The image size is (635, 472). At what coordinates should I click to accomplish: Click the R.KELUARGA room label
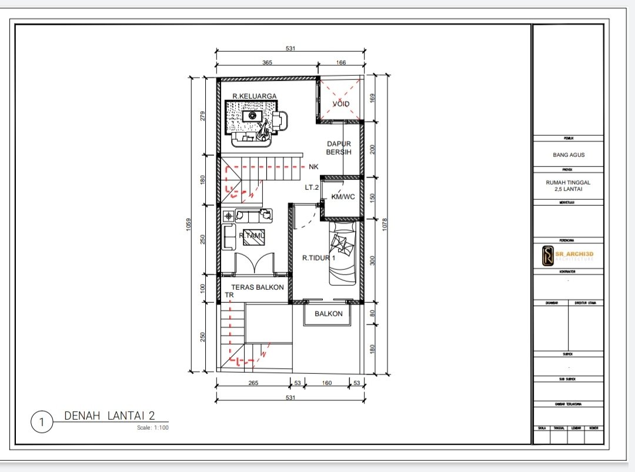254,96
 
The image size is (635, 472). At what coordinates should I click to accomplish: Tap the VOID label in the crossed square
341,104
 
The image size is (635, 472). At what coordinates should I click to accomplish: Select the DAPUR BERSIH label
339,148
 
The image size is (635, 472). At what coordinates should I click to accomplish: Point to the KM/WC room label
343,197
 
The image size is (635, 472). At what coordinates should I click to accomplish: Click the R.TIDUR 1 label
319,257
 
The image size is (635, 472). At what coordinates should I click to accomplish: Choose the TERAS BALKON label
258,287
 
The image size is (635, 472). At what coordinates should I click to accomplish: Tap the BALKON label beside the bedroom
328,314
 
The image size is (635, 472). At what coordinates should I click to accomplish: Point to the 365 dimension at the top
266,62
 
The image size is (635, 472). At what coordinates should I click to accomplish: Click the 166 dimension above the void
341,62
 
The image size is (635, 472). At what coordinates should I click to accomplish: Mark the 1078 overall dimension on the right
385,225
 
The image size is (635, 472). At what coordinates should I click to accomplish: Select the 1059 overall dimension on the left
189,225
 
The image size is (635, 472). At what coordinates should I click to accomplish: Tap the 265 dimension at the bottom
253,383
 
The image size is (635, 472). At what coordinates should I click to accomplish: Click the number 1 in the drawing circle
41,422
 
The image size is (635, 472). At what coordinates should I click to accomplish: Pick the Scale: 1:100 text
151,427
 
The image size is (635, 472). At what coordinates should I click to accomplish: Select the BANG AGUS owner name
568,155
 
